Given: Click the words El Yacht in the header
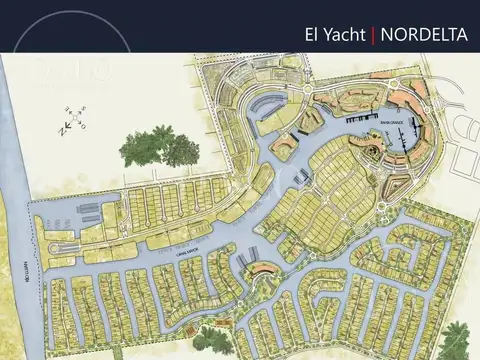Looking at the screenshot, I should pyautogui.click(x=335, y=34).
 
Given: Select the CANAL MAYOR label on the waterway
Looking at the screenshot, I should pyautogui.click(x=185, y=255).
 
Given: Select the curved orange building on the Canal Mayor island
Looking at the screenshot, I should pyautogui.click(x=262, y=267).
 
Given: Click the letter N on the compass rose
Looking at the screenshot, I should pyautogui.click(x=60, y=127).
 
